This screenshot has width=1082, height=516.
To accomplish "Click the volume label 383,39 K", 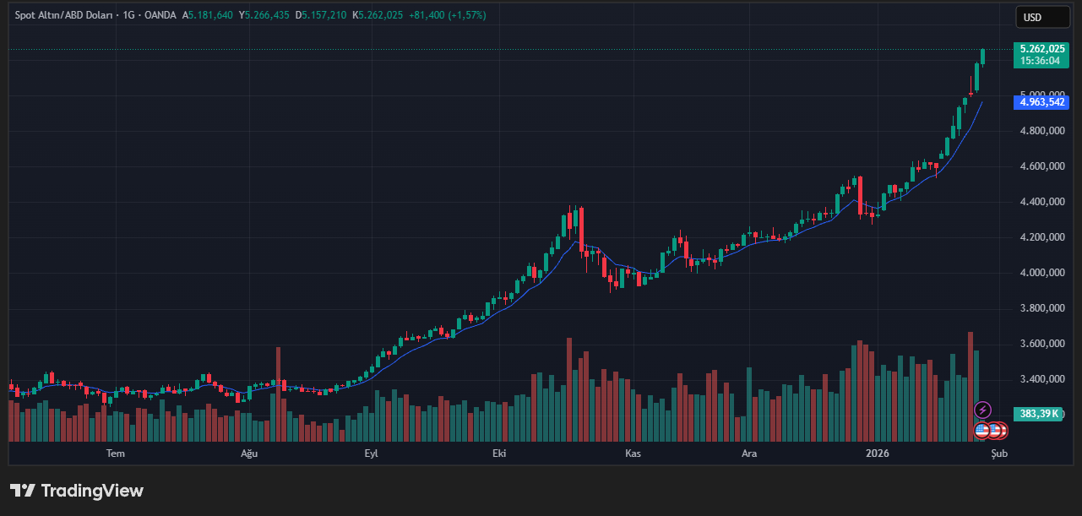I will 1039,414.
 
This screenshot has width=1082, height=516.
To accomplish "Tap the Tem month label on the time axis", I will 116,454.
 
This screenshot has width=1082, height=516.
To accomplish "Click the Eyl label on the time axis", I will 371,454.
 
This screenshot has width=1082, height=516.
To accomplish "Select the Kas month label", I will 633,454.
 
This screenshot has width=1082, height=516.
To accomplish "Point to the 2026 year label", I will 878,454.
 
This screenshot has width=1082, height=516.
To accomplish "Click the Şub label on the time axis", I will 999,454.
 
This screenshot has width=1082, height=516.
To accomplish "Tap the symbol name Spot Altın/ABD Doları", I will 63,15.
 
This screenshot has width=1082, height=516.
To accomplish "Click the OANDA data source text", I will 160,15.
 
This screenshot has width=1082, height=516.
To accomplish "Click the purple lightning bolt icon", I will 982,410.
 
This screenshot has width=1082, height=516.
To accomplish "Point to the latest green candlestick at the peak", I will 983,56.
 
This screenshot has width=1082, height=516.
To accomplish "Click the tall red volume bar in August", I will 278,394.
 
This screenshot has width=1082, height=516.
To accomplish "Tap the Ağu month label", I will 249,454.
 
